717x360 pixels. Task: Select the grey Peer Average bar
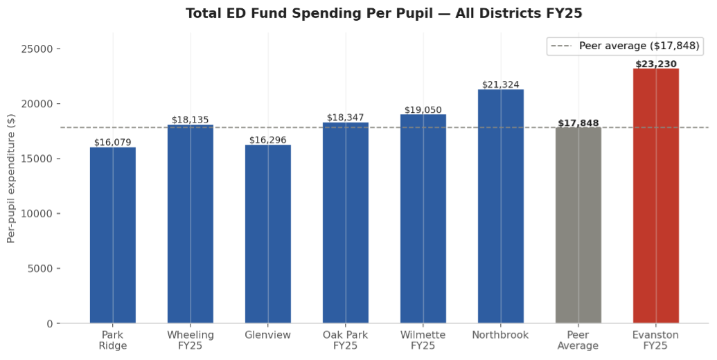pos(578,225)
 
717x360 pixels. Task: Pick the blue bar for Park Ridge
pos(113,235)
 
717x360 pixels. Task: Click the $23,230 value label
pos(655,64)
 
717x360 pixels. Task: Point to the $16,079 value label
pos(113,143)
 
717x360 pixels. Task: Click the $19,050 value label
pos(423,110)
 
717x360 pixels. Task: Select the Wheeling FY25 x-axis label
pos(191,340)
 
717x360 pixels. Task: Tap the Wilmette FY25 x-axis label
pos(423,340)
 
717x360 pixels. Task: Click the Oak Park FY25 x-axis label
pos(345,340)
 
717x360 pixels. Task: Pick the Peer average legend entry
pos(624,46)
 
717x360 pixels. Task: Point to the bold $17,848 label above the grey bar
pos(578,123)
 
